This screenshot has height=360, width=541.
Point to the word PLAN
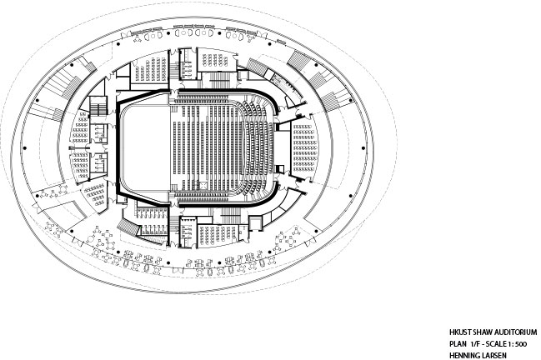(457, 344)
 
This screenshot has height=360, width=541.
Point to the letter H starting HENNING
(452, 356)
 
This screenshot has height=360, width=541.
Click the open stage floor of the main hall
(145, 148)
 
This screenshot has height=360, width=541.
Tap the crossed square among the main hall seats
(204, 186)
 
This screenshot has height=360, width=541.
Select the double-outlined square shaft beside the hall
(255, 222)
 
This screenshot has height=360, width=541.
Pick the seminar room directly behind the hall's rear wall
(304, 147)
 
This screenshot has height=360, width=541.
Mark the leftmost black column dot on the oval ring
(24, 148)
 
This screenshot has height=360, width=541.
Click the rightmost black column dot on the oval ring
(363, 148)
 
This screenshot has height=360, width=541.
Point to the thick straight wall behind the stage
(118, 148)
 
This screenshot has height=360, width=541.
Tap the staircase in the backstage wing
(98, 106)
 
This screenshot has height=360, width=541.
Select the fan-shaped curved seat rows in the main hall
(257, 148)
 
